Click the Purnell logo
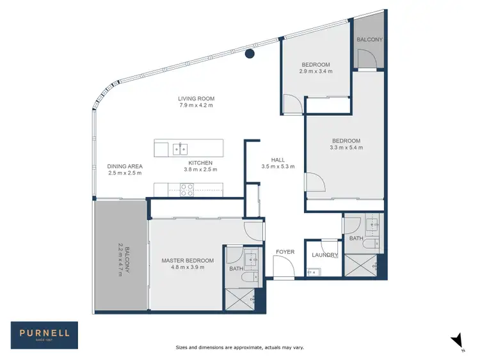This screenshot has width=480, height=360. (44, 335)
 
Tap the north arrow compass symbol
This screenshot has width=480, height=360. (455, 341)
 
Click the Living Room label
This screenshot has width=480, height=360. (196, 98)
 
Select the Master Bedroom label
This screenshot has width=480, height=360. (188, 261)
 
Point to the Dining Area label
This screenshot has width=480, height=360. (125, 166)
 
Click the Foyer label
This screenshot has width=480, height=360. (285, 252)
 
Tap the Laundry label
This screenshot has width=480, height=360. (324, 255)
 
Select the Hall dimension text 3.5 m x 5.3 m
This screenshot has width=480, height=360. (278, 166)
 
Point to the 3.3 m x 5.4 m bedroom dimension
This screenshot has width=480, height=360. (346, 148)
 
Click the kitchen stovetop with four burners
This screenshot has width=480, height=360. (186, 189)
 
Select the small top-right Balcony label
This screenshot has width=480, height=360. (370, 40)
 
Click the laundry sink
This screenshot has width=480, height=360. (312, 272)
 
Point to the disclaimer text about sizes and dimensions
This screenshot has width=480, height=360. (239, 347)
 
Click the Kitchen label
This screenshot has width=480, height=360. (200, 163)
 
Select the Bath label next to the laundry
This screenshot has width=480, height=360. (356, 239)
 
